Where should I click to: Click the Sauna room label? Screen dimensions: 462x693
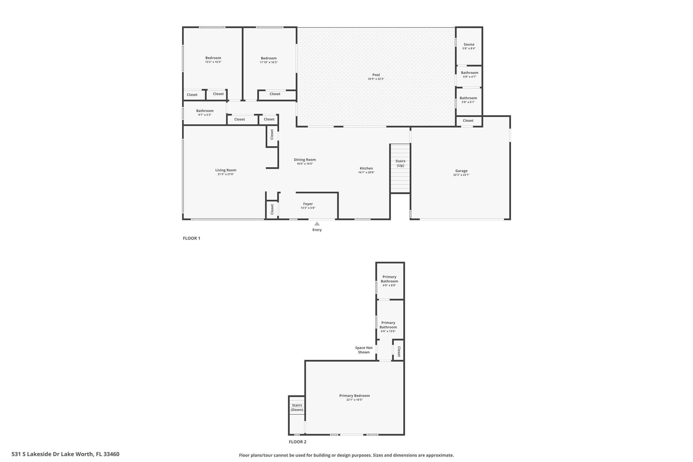469,44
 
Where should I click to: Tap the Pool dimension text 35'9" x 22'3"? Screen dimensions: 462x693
376,79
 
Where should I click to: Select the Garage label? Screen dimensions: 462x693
461,171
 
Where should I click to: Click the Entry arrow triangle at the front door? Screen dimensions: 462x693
317,224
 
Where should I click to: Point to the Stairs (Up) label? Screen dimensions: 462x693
400,163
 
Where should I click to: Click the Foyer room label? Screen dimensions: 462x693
308,204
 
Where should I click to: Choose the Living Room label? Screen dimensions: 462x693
226,170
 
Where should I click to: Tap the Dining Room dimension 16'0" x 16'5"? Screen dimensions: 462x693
305,164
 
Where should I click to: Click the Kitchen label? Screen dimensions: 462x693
366,168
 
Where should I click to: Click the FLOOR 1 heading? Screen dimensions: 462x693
192,238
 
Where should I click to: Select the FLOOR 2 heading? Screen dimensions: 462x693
297,442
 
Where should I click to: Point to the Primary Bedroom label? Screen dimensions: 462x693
354,396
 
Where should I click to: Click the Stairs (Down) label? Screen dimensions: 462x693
297,408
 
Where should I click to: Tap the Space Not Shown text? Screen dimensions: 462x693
364,350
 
